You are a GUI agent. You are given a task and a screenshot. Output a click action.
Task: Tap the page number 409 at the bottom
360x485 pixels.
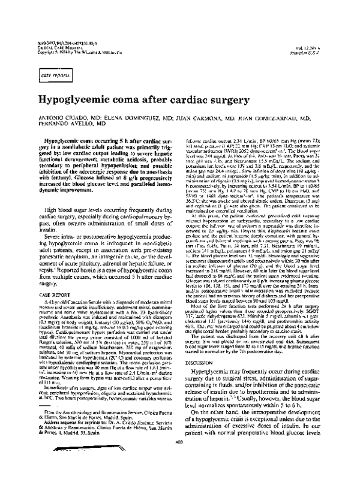click(x=179, y=475)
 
